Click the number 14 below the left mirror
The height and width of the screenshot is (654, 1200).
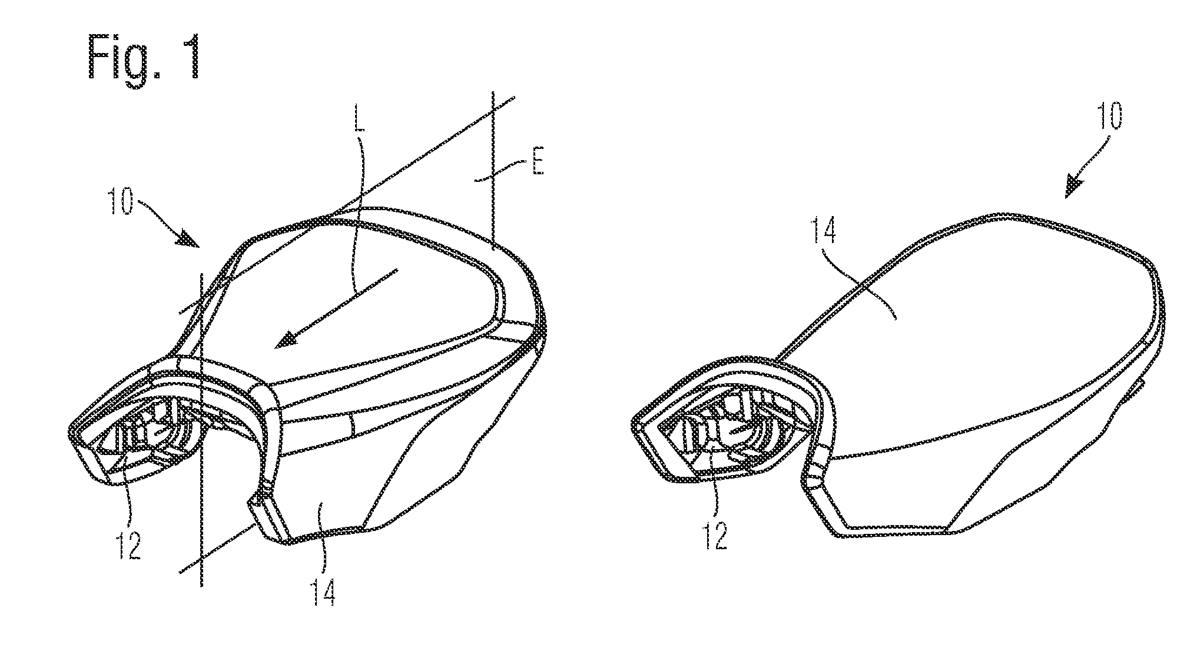click(x=323, y=590)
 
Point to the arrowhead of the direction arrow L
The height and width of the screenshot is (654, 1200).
click(x=286, y=341)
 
